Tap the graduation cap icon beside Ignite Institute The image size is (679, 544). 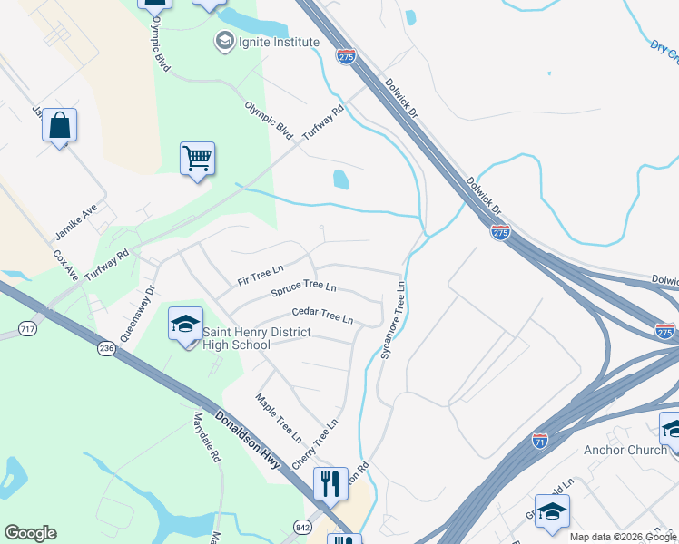point(224,41)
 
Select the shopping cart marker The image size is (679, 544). point(197,160)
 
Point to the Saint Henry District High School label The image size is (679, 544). point(256,338)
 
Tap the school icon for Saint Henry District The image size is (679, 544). point(185,325)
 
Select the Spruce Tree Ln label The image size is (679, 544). point(304,289)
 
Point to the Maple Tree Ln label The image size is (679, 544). point(278,418)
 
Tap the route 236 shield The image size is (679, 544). point(107,349)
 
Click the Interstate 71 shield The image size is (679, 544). point(540,441)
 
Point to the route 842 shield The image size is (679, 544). point(302,527)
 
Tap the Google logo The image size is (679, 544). point(30,532)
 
